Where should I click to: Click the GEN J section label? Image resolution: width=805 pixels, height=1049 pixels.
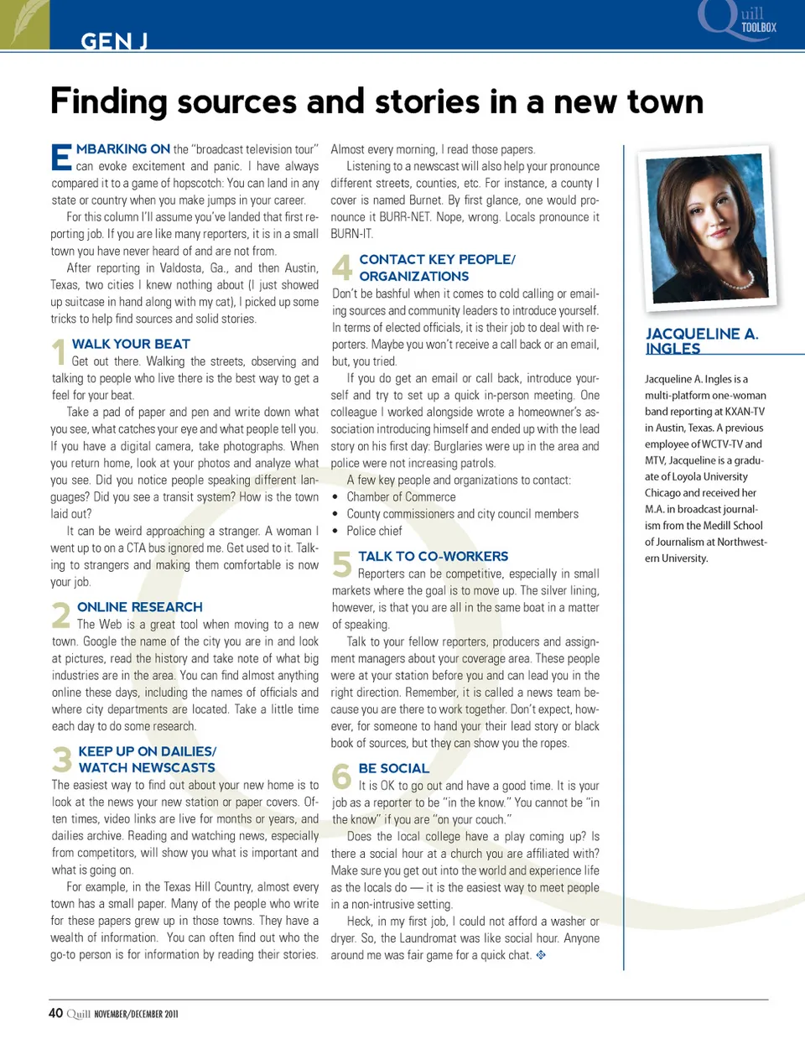tap(114, 40)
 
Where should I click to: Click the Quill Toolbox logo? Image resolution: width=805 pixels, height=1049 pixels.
tap(738, 20)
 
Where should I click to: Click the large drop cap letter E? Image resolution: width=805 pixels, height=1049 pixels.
tap(61, 158)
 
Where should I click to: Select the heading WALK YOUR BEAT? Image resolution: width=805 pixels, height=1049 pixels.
tap(131, 344)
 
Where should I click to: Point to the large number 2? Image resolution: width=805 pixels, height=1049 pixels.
tap(61, 615)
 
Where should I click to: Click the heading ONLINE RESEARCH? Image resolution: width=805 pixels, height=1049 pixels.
tap(139, 607)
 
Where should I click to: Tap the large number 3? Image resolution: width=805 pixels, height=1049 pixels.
tap(62, 760)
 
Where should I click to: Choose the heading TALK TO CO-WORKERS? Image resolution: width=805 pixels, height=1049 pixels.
tap(433, 557)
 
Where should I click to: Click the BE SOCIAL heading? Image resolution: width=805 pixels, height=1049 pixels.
tap(393, 768)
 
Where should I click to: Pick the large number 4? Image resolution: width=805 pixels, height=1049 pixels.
tap(342, 267)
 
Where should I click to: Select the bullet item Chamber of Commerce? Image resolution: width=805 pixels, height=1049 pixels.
tap(401, 497)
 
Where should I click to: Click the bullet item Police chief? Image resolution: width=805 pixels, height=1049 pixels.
tap(374, 531)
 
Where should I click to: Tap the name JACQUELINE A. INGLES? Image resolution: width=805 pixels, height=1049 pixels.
tap(701, 341)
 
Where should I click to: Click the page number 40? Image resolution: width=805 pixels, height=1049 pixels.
tap(55, 1013)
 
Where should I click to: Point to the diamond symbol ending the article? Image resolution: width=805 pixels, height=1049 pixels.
tap(541, 954)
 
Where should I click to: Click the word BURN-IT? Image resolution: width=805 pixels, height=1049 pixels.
tap(351, 234)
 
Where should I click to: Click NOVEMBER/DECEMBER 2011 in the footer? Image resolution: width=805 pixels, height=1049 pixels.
tap(136, 1014)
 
